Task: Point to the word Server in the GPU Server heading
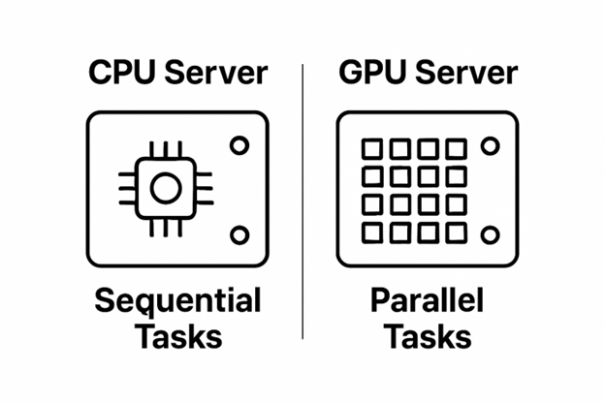pyautogui.click(x=463, y=74)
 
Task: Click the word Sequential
pyautogui.click(x=177, y=301)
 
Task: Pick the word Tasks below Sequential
pyautogui.click(x=178, y=336)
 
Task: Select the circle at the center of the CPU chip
pyautogui.click(x=165, y=188)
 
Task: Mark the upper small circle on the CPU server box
pyautogui.click(x=239, y=145)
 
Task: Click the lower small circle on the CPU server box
pyautogui.click(x=239, y=234)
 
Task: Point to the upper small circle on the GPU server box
pyautogui.click(x=490, y=146)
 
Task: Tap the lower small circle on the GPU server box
pyautogui.click(x=490, y=234)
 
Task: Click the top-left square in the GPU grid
pyautogui.click(x=371, y=149)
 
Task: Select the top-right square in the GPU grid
pyautogui.click(x=456, y=149)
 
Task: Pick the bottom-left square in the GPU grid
pyautogui.click(x=371, y=233)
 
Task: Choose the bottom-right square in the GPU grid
pyautogui.click(x=456, y=233)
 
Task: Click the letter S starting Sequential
pyautogui.click(x=105, y=301)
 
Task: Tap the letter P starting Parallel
pyautogui.click(x=380, y=301)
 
